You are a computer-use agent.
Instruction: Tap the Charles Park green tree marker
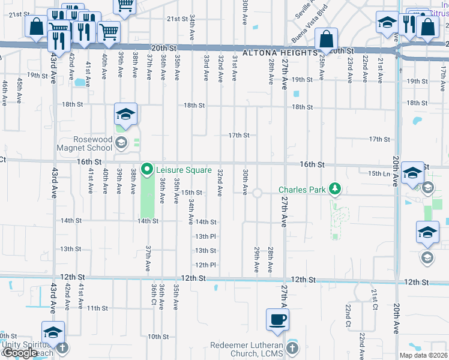click(x=335, y=190)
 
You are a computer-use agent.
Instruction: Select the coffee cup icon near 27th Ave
click(x=277, y=320)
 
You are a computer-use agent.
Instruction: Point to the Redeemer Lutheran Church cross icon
click(x=292, y=349)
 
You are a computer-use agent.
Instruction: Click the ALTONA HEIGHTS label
click(x=280, y=53)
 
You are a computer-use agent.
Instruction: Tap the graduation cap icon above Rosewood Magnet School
click(x=126, y=114)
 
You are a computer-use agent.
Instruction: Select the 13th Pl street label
click(x=205, y=236)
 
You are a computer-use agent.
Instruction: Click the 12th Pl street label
click(x=205, y=265)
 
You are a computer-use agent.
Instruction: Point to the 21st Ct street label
click(x=374, y=296)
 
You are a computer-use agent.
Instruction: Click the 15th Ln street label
click(x=379, y=173)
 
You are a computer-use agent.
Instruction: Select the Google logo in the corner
click(x=20, y=353)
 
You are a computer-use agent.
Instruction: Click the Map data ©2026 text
click(x=423, y=355)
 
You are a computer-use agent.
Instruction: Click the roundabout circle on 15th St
click(x=258, y=193)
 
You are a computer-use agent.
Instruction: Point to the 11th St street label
click(x=97, y=308)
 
